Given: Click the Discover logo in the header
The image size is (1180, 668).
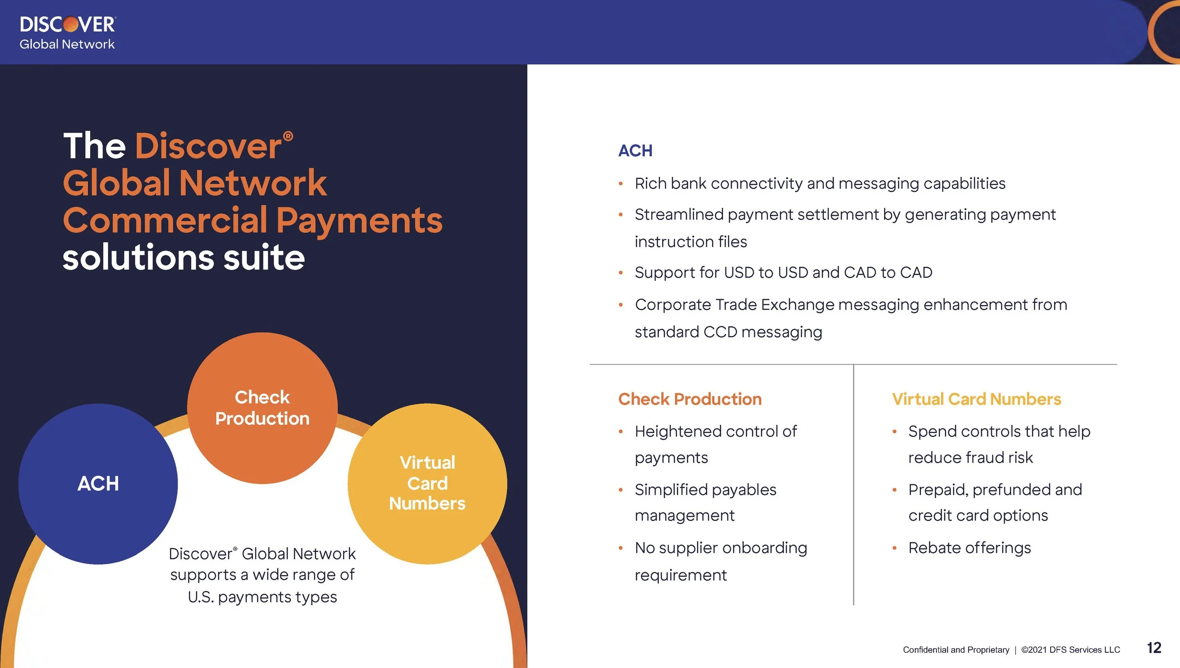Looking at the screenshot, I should (x=67, y=25).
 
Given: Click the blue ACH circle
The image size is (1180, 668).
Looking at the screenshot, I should (x=98, y=483).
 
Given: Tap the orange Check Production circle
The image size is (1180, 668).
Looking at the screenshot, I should (x=262, y=408).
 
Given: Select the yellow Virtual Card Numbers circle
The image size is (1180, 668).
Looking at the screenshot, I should (x=427, y=483).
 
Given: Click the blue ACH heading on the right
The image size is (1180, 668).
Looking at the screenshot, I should (x=635, y=151).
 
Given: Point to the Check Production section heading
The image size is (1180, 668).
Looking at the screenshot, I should (x=690, y=399).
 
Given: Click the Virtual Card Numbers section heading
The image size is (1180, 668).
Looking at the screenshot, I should (x=976, y=399).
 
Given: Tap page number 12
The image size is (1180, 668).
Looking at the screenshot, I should (x=1154, y=648).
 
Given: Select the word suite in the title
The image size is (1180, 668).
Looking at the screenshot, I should (x=264, y=258).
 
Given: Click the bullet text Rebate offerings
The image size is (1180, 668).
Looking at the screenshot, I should (x=969, y=548).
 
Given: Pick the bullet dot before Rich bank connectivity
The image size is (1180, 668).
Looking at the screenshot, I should (x=621, y=184).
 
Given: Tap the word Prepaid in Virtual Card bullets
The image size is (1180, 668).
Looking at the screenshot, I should (x=937, y=490).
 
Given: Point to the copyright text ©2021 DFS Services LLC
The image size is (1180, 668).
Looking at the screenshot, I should (x=1070, y=650).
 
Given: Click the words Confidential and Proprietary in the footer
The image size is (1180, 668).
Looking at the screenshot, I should (x=956, y=650).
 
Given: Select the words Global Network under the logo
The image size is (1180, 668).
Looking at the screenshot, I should (x=67, y=44).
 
